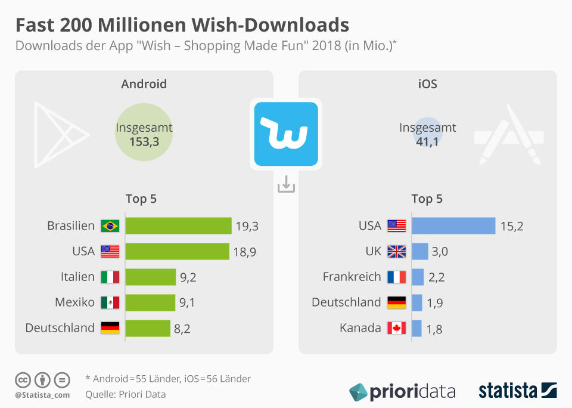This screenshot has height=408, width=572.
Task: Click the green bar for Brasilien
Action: tap(178, 225)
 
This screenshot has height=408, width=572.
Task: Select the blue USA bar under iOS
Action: tap(453, 225)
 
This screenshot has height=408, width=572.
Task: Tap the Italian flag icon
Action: tap(110, 277)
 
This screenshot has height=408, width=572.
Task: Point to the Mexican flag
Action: tap(110, 302)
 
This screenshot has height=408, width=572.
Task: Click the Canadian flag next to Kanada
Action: tap(396, 328)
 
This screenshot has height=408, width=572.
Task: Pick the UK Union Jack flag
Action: tap(396, 251)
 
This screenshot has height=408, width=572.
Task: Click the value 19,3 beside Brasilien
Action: tap(246, 226)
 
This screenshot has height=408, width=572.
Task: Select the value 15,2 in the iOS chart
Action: tap(511, 226)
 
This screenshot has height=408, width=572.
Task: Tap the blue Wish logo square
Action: tap(286, 134)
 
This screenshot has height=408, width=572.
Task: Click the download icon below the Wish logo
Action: tap(286, 184)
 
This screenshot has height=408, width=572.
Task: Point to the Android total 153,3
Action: tap(144, 141)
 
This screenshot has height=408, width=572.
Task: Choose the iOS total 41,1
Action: tap(427, 141)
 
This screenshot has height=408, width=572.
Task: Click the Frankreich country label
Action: tap(352, 277)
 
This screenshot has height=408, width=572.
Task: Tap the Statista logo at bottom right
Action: tap(517, 391)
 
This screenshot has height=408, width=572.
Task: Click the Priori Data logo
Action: tap(402, 392)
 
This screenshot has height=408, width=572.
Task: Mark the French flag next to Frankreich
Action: tap(396, 277)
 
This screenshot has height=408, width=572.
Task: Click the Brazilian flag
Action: tap(110, 225)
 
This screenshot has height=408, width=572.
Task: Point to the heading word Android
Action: tap(144, 84)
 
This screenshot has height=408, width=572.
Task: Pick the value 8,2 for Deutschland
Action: tap(182, 328)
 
